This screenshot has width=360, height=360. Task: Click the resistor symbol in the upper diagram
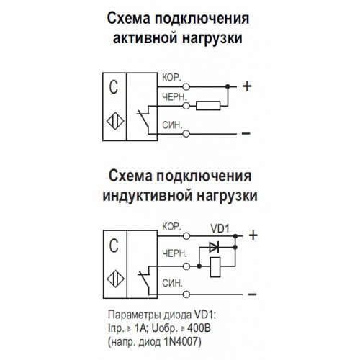(208, 106)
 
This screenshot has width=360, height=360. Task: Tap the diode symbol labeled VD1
(214, 247)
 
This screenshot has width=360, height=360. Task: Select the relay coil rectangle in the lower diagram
(215, 267)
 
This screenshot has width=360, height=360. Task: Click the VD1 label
(220, 228)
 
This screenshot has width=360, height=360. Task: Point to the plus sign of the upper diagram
(247, 86)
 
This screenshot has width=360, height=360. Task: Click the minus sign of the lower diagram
(252, 294)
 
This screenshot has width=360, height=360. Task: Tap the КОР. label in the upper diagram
(171, 78)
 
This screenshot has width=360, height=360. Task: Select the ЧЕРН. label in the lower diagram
(174, 253)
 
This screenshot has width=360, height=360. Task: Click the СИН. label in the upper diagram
(172, 125)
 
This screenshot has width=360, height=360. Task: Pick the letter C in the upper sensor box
(114, 87)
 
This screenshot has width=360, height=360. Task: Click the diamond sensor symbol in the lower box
(115, 279)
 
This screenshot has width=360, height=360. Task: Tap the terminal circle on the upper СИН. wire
(186, 134)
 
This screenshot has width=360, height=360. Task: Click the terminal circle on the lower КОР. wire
(186, 236)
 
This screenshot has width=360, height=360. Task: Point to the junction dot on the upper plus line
(228, 86)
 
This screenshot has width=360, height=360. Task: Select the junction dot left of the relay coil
(199, 266)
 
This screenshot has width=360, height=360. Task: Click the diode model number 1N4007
(181, 341)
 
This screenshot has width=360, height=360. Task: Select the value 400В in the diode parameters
(199, 328)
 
